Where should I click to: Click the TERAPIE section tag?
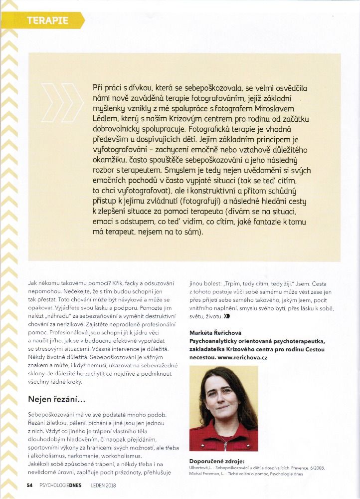coord(48,20)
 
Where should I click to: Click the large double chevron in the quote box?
coord(68,100)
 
